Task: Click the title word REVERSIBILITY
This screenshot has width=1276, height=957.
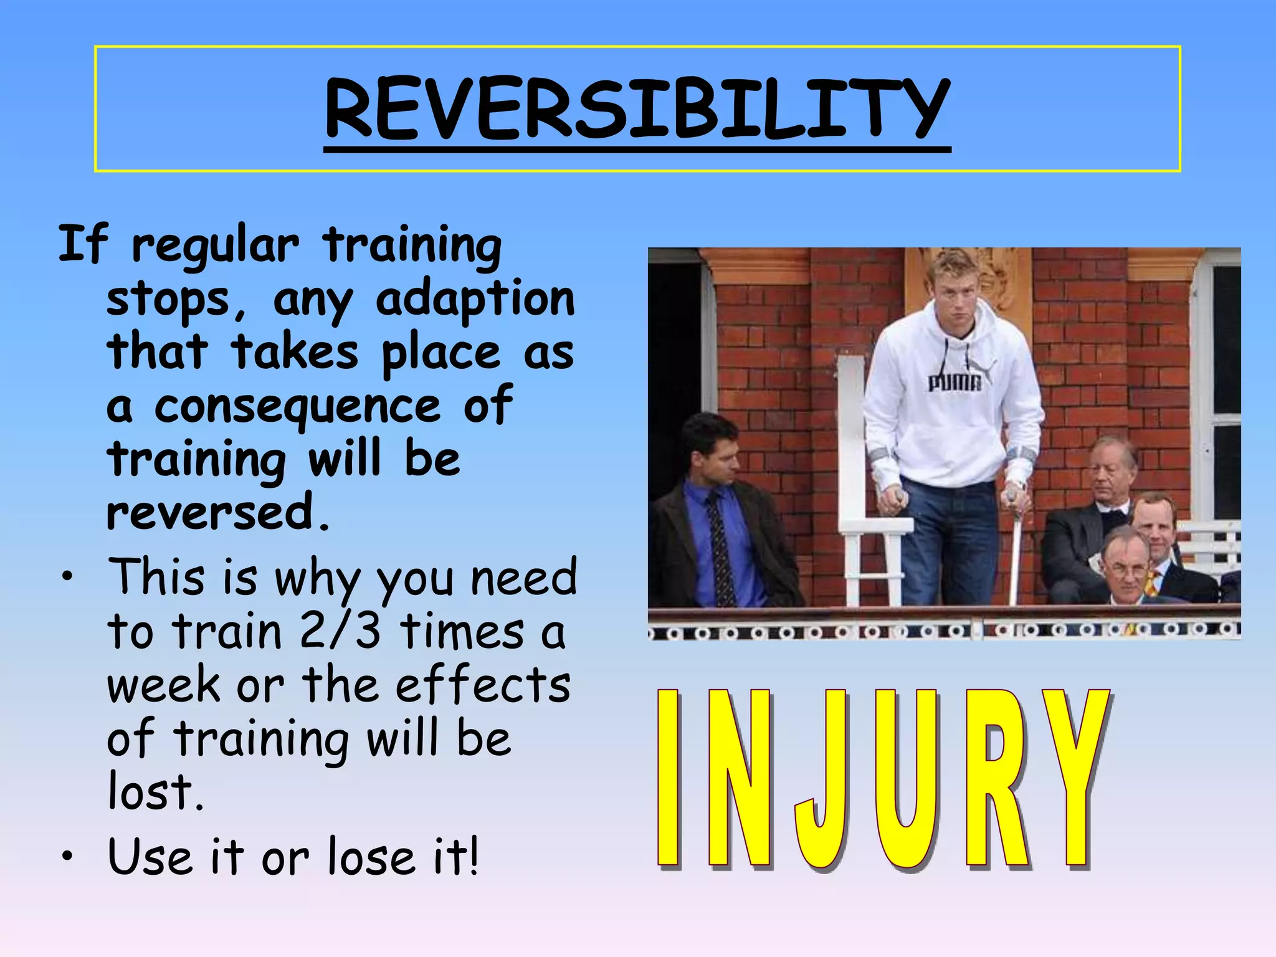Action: pos(637,109)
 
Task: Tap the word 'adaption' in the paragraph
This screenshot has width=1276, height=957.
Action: pos(475,300)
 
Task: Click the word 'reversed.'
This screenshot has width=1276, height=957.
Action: pos(218,512)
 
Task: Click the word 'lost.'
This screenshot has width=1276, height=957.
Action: pos(156,793)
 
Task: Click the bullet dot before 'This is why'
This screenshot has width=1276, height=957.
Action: pos(67,576)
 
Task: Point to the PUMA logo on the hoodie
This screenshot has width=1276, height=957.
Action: pos(955,381)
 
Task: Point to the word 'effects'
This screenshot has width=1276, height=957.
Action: pos(483,685)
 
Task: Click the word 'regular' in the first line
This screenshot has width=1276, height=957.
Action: pos(215,246)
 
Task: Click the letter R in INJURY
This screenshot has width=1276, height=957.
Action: pos(996,779)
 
